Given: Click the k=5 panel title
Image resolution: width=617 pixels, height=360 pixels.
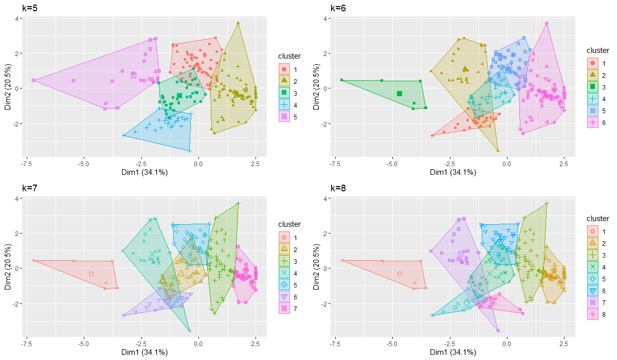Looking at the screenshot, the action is click(x=29, y=8).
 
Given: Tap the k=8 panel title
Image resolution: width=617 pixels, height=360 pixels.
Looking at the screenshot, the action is click(x=338, y=188).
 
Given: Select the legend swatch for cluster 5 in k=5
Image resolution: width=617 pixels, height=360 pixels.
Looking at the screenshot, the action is click(x=284, y=117).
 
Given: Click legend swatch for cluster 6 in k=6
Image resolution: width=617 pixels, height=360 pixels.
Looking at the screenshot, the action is click(x=593, y=122).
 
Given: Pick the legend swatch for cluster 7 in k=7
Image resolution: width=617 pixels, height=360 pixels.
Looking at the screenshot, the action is click(x=284, y=309).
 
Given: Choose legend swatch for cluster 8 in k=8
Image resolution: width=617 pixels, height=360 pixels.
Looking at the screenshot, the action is click(x=593, y=314).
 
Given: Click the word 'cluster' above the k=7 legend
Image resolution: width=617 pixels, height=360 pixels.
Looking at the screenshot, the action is click(x=289, y=224).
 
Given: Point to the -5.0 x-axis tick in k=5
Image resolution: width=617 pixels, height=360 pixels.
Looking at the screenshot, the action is click(x=83, y=164).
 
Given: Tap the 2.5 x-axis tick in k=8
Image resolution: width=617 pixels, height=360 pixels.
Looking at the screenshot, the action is click(x=564, y=344).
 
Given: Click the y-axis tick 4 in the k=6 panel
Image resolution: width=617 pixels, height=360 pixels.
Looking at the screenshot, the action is click(x=325, y=19).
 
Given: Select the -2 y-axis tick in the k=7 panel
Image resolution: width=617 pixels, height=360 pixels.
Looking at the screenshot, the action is click(x=16, y=304).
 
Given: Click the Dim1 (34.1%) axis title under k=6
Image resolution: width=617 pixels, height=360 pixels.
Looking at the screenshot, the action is click(x=453, y=172).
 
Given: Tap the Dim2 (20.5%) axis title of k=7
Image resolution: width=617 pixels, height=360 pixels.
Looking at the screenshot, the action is click(x=8, y=266).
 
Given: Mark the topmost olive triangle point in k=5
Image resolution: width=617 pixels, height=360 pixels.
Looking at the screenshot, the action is click(x=238, y=23).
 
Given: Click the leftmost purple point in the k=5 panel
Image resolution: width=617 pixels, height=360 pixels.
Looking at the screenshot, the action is click(x=33, y=80).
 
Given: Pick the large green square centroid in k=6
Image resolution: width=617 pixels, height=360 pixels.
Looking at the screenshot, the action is click(x=400, y=94).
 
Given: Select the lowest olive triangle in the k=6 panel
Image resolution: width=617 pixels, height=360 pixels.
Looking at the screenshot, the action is click(x=498, y=150).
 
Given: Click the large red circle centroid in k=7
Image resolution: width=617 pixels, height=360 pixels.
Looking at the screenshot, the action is click(x=91, y=274).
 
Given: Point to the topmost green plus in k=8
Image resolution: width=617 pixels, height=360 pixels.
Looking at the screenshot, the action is click(x=547, y=204).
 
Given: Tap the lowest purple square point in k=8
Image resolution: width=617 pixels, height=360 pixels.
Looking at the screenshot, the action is click(x=498, y=331).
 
